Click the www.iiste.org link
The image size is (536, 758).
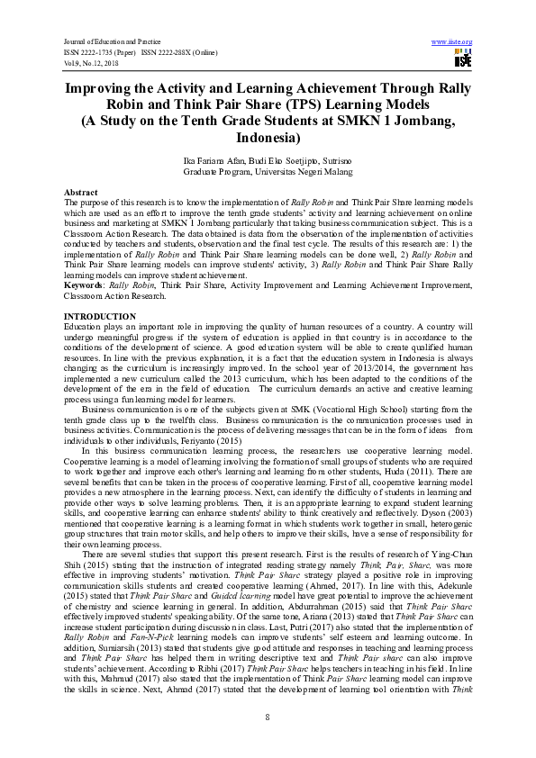point(452,41)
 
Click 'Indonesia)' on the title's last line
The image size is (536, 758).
point(268,139)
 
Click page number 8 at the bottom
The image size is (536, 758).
point(268,715)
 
